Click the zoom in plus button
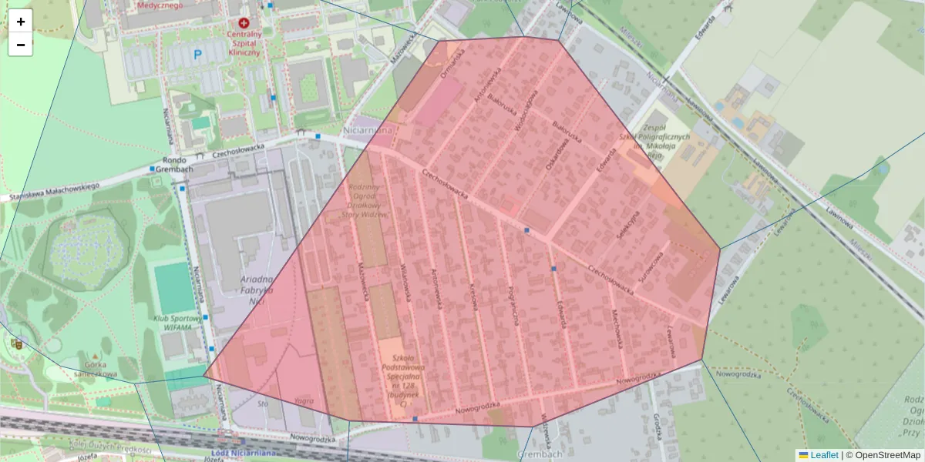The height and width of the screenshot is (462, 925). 21,22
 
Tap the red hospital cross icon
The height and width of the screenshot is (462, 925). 245,24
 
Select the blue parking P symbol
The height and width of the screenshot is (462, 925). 197,55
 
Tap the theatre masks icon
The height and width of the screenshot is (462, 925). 15,343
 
